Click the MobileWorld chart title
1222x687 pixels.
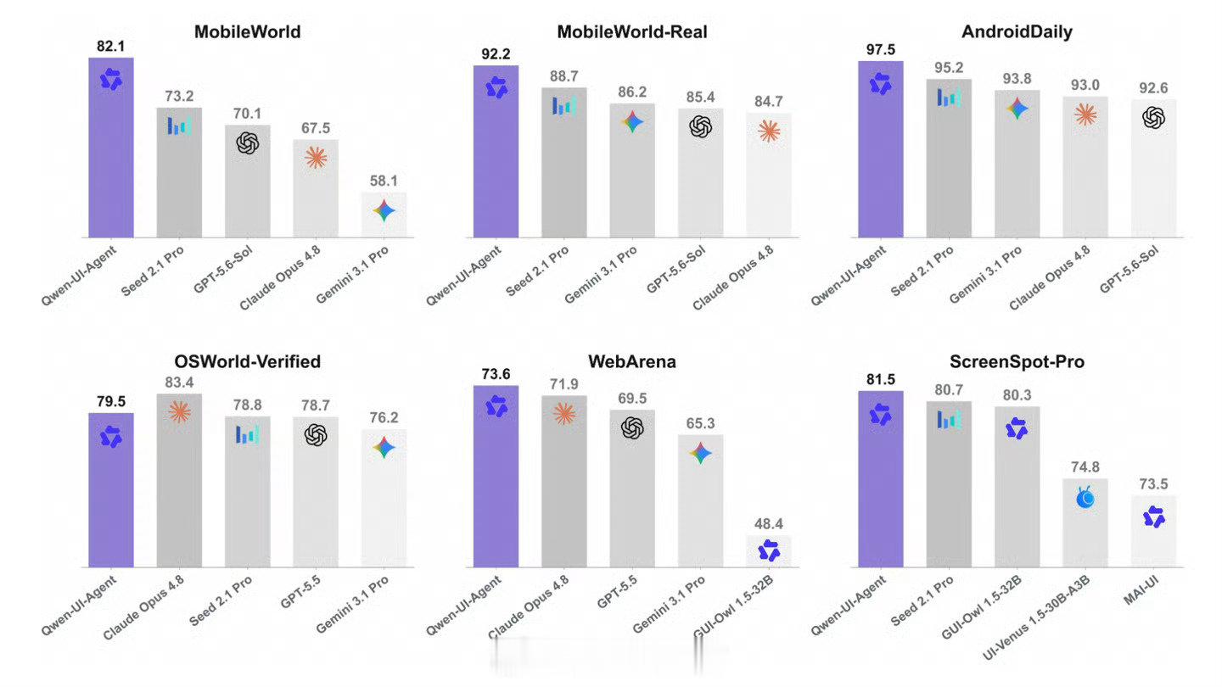247,31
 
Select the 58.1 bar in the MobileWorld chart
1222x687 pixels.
384,215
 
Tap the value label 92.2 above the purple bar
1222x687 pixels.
496,54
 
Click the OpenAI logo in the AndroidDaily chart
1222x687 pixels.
1153,117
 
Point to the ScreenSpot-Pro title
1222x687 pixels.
1017,361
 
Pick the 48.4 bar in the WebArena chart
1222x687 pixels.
769,551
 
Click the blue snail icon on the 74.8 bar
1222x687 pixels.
1085,497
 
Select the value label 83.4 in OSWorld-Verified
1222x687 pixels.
180,383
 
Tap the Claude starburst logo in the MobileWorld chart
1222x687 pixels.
316,158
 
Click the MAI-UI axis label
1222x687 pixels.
1141,590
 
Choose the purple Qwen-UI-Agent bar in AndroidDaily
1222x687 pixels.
881,149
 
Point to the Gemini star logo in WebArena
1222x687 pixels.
700,453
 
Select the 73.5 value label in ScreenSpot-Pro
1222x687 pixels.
1153,484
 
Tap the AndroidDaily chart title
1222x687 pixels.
1017,31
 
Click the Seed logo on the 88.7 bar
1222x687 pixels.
564,105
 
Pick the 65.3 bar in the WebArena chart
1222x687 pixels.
700,501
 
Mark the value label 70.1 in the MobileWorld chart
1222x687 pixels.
247,114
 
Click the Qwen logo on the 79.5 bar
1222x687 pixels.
111,437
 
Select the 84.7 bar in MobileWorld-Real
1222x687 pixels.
769,176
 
